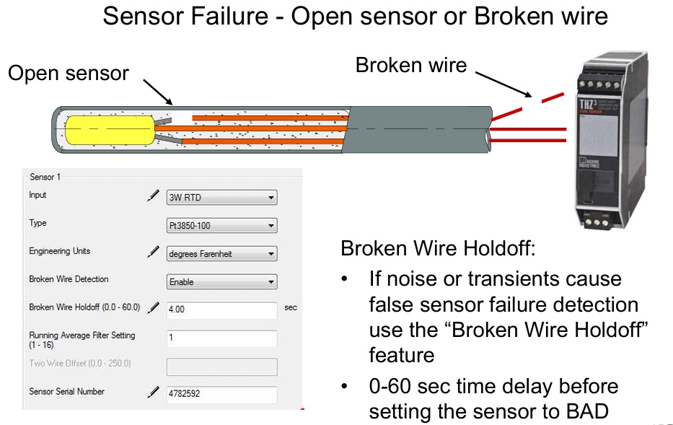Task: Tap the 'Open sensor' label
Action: point(69,73)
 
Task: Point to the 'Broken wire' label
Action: point(411,66)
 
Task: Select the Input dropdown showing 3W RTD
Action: point(221,198)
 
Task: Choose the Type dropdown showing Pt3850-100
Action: point(221,226)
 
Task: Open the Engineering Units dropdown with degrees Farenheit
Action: point(221,254)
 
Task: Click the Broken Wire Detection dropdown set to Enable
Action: point(221,282)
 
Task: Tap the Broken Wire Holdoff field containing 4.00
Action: point(221,310)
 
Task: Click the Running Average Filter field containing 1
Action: point(221,338)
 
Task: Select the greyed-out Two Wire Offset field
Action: point(221,367)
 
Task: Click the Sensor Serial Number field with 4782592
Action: point(221,395)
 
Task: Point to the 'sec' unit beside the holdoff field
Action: point(291,308)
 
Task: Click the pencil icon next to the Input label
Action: point(153,196)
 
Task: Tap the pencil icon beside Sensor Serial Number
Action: point(153,393)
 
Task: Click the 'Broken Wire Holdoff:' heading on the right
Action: point(438,250)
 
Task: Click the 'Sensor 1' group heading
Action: point(45,177)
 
